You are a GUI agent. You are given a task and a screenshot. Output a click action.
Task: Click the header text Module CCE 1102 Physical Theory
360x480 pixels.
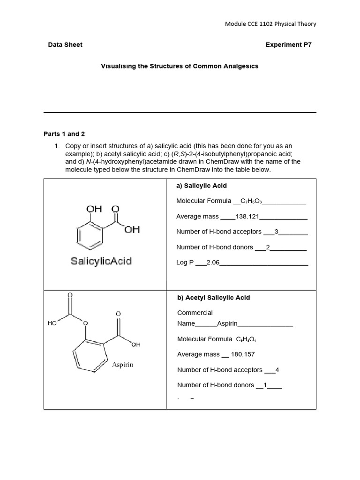coord(270,24)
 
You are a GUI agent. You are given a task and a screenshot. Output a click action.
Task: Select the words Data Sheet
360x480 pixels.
coord(65,45)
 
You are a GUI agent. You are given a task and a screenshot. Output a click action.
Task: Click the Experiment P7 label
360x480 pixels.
coord(288,45)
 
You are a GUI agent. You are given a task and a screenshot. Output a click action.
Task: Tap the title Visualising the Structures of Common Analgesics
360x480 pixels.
coord(180,66)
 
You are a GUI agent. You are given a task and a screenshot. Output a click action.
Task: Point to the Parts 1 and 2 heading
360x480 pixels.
coord(64,134)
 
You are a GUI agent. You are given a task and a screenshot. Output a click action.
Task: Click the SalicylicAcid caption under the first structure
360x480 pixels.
coord(101,261)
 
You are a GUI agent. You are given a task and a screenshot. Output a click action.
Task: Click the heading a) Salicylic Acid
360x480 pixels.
coord(201,186)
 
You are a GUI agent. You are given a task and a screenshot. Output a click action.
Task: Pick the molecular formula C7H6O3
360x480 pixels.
coord(251,201)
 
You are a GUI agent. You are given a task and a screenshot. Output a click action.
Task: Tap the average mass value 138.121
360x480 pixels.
coord(247,217)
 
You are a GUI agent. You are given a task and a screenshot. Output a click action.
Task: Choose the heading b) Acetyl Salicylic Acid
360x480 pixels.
coord(213,298)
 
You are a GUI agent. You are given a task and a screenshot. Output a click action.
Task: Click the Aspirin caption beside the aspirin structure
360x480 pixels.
coord(122,364)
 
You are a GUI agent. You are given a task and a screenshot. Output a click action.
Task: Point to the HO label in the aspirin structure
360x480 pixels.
coord(52,323)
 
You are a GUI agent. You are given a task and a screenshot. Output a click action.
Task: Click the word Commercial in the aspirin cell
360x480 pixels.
coord(195,313)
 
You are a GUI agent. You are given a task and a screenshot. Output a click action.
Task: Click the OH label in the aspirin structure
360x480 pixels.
coord(135,345)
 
